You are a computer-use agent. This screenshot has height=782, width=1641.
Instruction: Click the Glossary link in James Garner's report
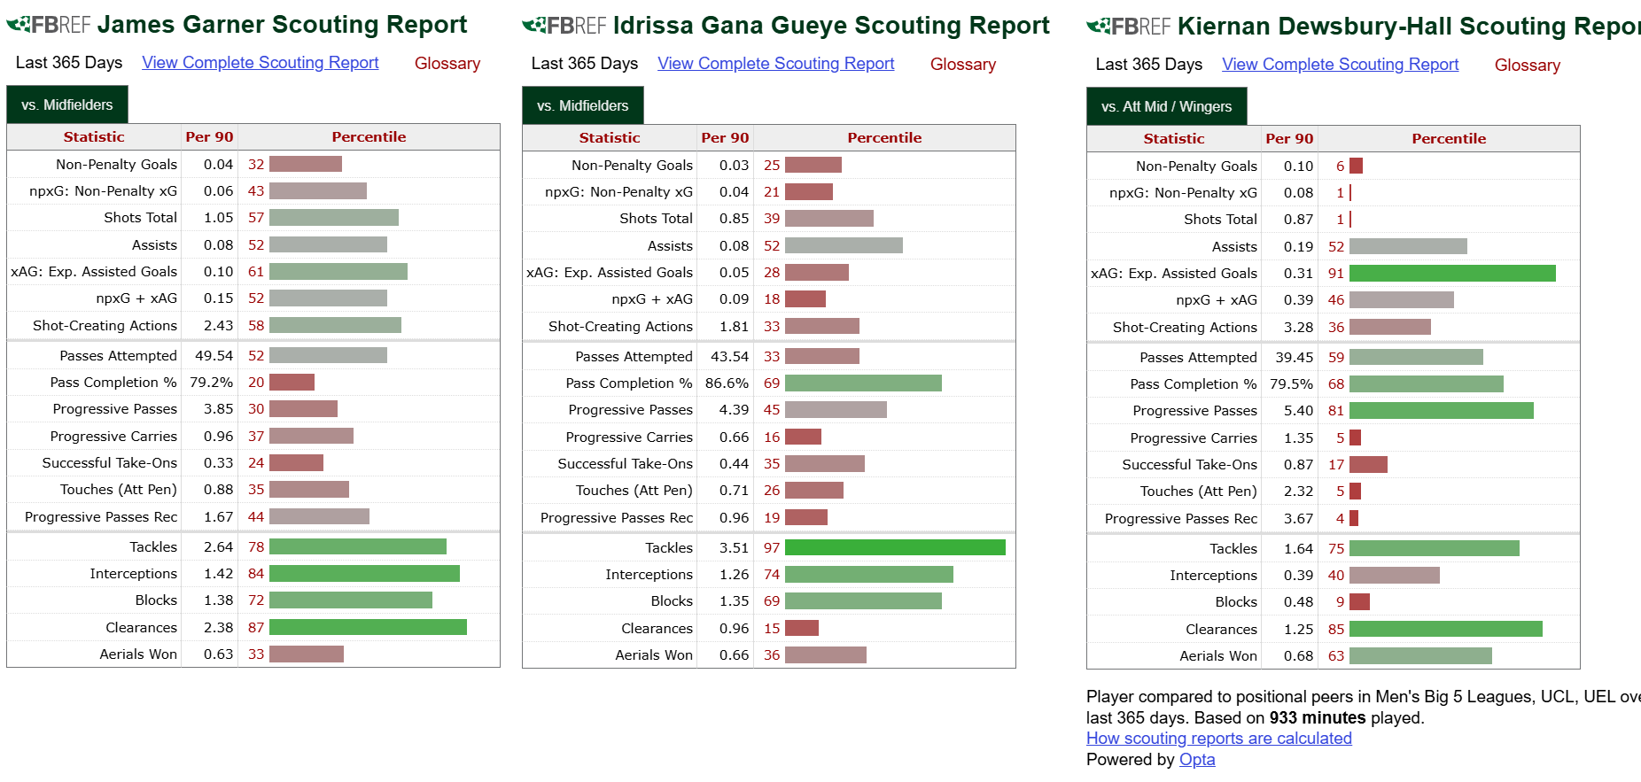[x=447, y=64]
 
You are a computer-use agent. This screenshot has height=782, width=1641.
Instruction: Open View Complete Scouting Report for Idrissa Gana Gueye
[x=775, y=64]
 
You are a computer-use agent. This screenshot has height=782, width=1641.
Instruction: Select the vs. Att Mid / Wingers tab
[x=1166, y=106]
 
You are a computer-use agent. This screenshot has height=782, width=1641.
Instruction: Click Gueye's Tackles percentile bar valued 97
[x=895, y=548]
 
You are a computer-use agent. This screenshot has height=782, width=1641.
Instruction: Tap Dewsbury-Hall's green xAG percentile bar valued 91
[x=1452, y=274]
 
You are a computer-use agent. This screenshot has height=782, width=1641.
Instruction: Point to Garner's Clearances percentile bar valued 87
[x=368, y=628]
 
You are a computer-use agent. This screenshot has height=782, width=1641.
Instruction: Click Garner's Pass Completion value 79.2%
[x=211, y=383]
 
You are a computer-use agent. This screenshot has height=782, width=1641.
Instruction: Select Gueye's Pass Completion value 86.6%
[x=727, y=383]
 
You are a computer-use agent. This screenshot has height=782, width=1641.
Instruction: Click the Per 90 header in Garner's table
[x=209, y=137]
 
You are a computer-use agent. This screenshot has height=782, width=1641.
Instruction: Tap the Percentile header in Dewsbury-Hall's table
[x=1449, y=139]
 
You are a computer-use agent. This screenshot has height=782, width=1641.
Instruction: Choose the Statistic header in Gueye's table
[x=609, y=138]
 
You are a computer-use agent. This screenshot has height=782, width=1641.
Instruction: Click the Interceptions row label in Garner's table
[x=133, y=574]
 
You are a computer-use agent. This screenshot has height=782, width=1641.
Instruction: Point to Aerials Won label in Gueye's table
[x=654, y=655]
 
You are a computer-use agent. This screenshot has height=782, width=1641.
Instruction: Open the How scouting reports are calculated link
[x=1218, y=739]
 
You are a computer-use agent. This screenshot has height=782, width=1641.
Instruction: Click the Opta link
[x=1197, y=760]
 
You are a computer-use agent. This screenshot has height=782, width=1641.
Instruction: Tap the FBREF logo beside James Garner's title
[x=49, y=25]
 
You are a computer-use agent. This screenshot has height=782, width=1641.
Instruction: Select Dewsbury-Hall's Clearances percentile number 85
[x=1335, y=630]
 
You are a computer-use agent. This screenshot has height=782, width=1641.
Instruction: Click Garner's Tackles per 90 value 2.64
[x=218, y=547]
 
